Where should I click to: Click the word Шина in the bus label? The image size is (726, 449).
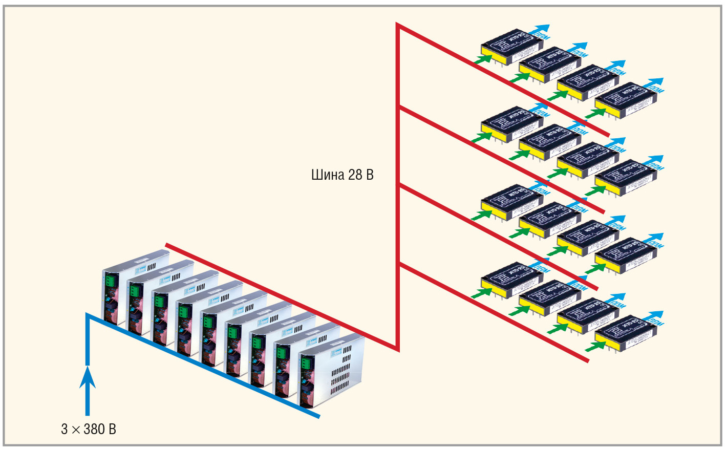(x=327, y=175)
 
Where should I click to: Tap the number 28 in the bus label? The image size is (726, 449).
(x=355, y=175)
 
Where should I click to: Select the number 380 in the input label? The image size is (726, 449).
(x=93, y=429)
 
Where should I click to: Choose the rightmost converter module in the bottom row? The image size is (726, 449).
(x=626, y=333)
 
